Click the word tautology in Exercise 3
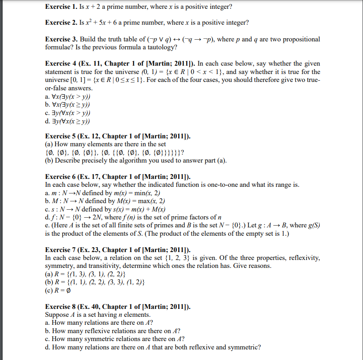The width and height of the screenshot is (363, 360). (161, 47)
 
